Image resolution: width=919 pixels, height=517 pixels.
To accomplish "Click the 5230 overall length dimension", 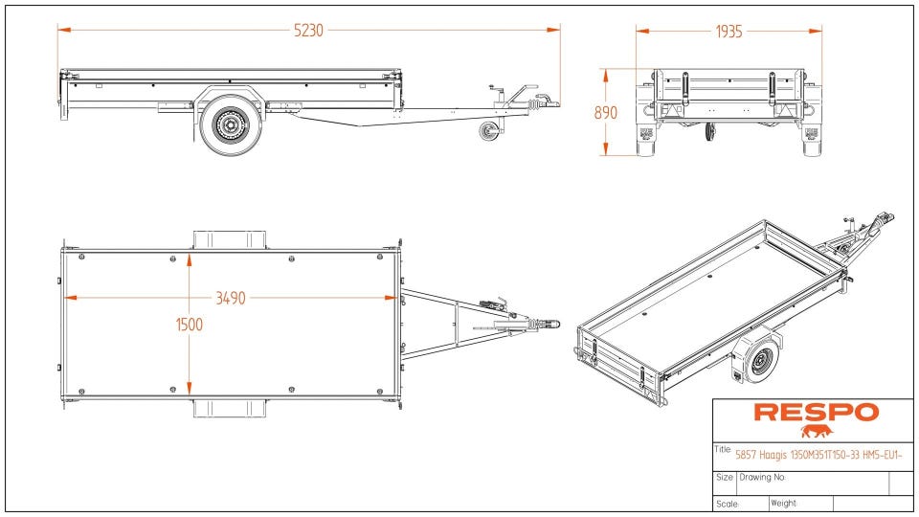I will pos(308,31).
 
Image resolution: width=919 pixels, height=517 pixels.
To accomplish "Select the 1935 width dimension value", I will pos(728,31).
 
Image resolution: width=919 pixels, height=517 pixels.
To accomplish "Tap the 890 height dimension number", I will pos(605,112).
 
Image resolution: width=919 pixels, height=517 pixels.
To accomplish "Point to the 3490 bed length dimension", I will pos(230,298).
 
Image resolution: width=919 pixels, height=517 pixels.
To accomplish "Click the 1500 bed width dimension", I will pos(190,325).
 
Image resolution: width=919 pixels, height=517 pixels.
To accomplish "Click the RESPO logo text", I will pos(816,413).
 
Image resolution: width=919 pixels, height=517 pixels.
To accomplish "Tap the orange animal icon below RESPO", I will pos(817,432).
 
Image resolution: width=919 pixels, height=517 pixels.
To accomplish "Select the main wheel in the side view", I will pos(230,123).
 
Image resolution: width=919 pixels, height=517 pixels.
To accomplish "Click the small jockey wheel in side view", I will pos(489,131).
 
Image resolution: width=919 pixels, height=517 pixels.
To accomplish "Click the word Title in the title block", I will pos(723,449).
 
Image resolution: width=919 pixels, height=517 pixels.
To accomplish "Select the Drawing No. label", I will pos(762,477).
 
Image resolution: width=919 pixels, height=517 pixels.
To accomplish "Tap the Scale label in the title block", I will pos(727,504).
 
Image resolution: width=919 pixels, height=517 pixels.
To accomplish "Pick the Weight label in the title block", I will pos(783,504).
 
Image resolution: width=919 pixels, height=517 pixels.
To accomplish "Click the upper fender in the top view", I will pos(230,238).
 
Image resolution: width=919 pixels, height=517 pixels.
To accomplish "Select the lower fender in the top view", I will pos(230,409).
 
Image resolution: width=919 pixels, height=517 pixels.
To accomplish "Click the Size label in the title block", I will pos(725,477).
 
